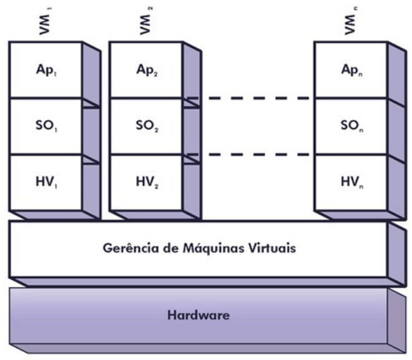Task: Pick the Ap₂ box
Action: [x=147, y=70]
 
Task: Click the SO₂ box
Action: [x=147, y=126]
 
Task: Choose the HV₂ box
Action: [x=147, y=182]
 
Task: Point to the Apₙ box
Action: [x=350, y=70]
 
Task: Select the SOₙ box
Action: [x=350, y=126]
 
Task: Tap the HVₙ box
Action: [x=350, y=182]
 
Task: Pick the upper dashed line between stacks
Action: [x=256, y=98]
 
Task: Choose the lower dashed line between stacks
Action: [x=256, y=154]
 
